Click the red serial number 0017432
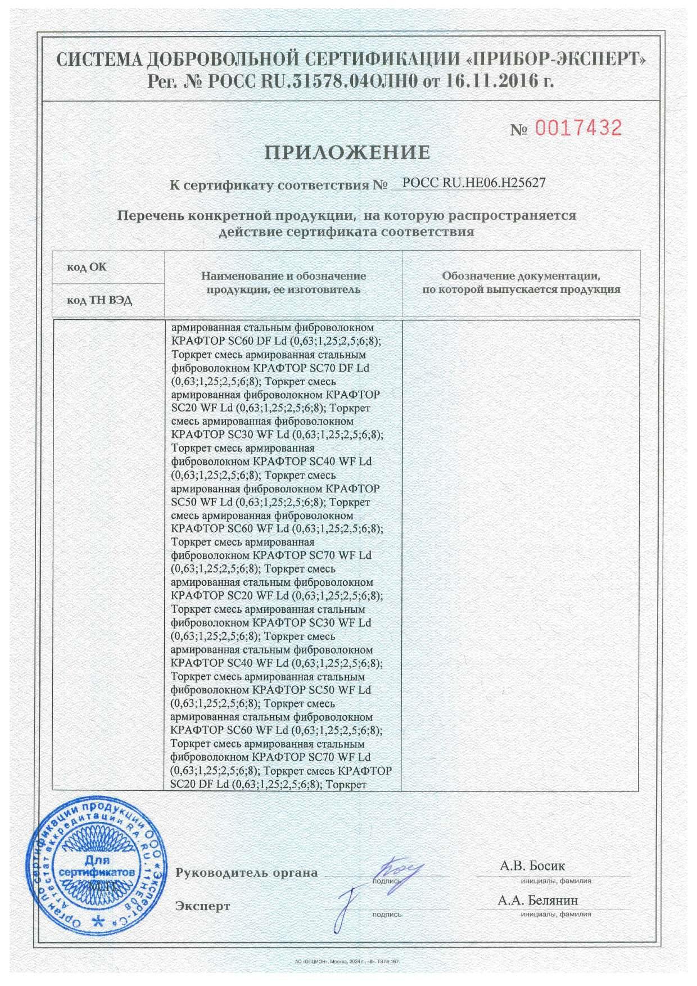(x=578, y=129)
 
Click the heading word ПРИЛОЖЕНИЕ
(x=348, y=152)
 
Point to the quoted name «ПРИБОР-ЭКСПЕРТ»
(x=557, y=58)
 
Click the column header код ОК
(x=87, y=266)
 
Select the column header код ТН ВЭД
(x=99, y=300)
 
